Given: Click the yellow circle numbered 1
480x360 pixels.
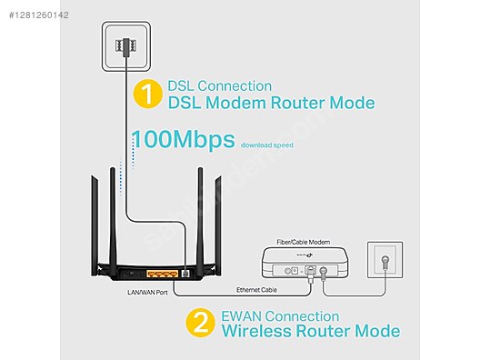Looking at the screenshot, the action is (146, 94).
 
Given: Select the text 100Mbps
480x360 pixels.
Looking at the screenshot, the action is (184, 140).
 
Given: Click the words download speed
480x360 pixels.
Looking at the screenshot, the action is (267, 144).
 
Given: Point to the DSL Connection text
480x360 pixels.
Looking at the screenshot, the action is (219, 85).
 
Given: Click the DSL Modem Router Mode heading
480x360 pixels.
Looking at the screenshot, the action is (270, 103).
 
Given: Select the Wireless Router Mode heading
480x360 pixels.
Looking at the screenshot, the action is (310, 332).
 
